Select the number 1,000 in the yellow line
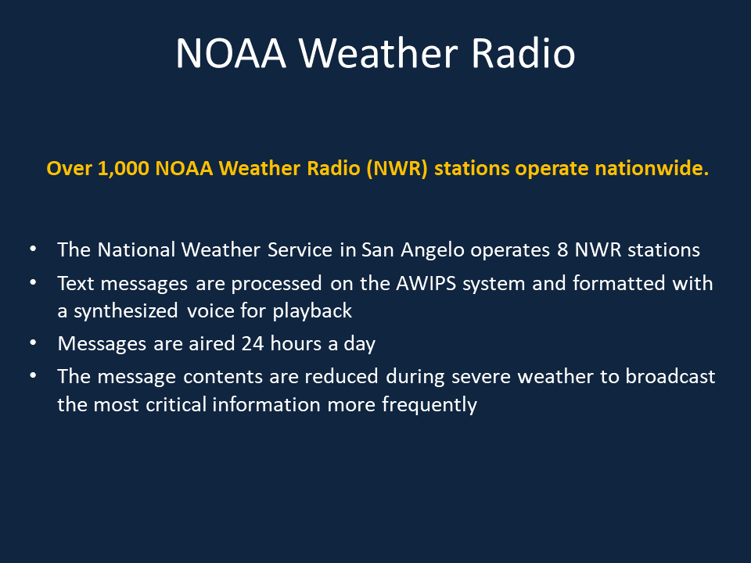(124, 169)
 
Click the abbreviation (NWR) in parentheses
(397, 169)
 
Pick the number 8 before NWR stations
(562, 250)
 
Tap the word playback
(312, 311)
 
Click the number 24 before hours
(253, 344)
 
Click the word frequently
(429, 405)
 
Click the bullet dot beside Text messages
(33, 282)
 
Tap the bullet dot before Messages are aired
(33, 342)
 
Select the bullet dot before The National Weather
(33, 249)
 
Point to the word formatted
(619, 283)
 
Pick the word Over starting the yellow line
(69, 169)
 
